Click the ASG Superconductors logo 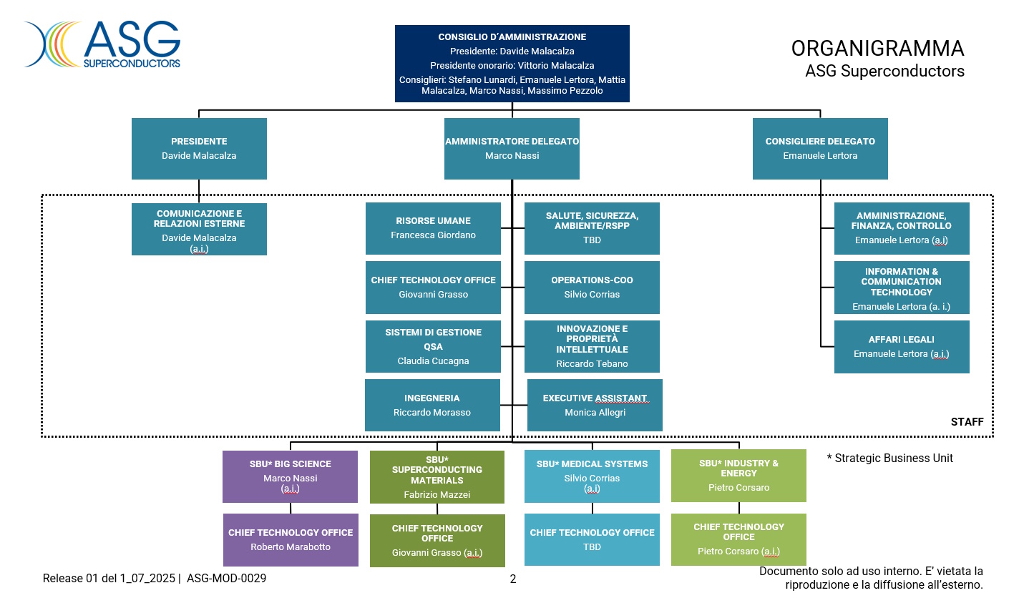pos(102,44)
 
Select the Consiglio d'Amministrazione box pos(512,64)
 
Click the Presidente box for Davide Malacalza pos(199,149)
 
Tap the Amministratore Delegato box pos(512,149)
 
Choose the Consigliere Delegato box pos(820,149)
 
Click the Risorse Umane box pos(433,228)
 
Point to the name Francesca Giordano pos(433,235)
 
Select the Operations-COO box pos(592,288)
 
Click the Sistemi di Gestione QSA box pos(433,347)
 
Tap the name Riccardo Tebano pos(592,364)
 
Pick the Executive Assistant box pos(595,406)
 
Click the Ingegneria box pos(432,406)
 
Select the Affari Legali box pos(902,347)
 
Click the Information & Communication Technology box pos(902,288)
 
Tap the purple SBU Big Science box pos(290,476)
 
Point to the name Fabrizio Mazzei pos(437,495)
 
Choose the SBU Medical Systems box pos(592,476)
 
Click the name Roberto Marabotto pos(291,547)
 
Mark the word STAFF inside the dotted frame pos(967,422)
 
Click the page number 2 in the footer pos(512,579)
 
